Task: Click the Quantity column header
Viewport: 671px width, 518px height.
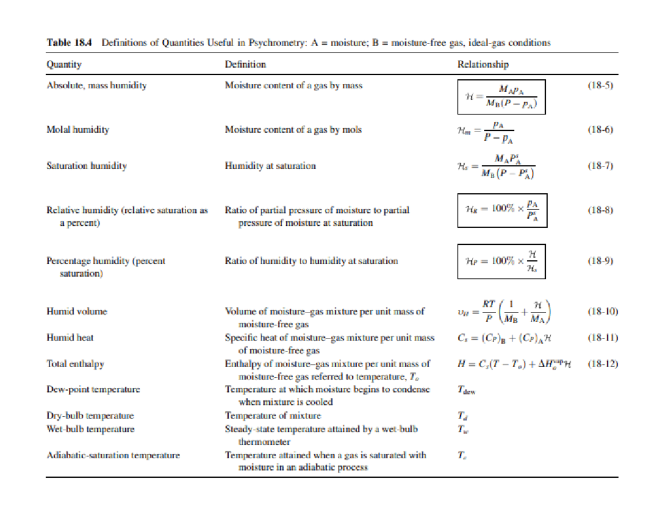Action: (64, 64)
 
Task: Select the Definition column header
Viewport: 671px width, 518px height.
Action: (245, 64)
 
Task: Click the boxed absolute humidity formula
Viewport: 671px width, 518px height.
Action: (501, 97)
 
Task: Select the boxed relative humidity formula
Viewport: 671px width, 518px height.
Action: (502, 211)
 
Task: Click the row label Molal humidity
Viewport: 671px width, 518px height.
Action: (77, 130)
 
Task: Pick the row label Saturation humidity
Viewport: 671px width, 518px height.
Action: (86, 165)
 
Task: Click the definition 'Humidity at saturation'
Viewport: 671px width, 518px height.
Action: (270, 165)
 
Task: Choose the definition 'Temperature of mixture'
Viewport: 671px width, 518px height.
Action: (272, 416)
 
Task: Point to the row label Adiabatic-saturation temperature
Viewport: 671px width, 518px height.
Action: (113, 455)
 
